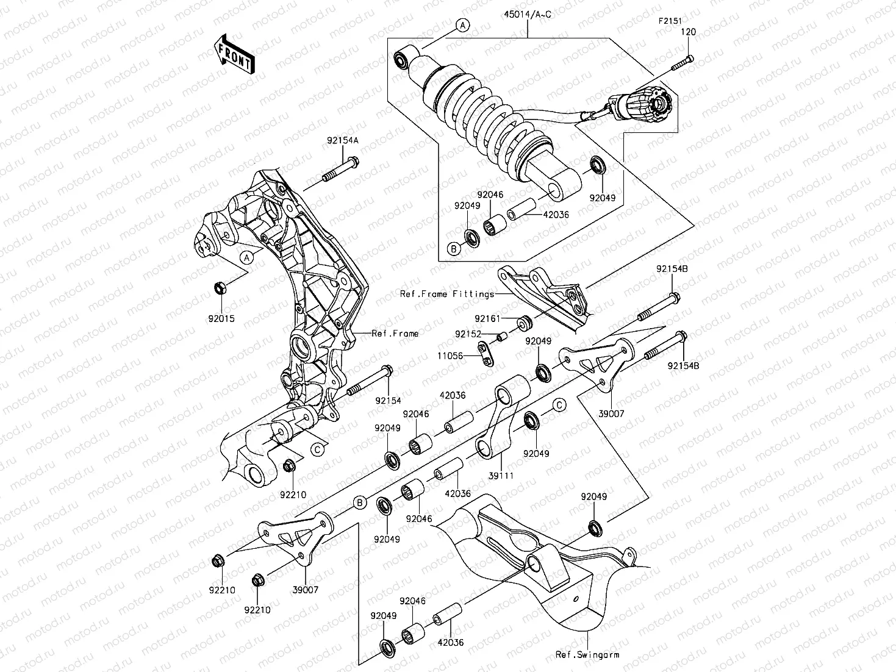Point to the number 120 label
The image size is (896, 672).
pyautogui.click(x=689, y=31)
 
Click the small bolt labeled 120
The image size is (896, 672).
pyautogui.click(x=683, y=63)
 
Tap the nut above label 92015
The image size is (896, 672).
pyautogui.click(x=221, y=287)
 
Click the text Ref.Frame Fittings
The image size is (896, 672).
pyautogui.click(x=447, y=294)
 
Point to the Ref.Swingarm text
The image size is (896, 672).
pyautogui.click(x=587, y=655)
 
